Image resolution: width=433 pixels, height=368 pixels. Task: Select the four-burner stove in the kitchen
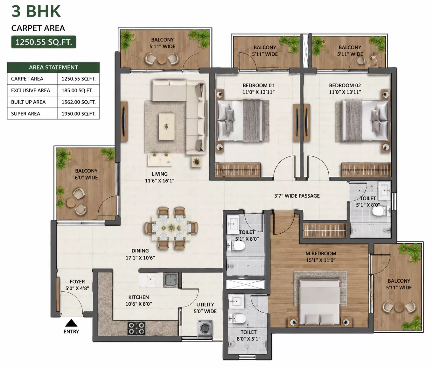[136, 328]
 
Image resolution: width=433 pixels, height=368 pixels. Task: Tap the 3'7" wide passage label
[297, 196]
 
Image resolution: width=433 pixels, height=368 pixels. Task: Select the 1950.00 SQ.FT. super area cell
[79, 114]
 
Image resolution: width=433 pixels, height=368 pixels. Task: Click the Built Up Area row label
[28, 102]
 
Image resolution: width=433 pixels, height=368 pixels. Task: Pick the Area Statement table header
[53, 67]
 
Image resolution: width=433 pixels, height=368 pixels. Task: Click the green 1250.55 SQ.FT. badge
[44, 42]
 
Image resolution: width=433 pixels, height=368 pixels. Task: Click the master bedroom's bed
[320, 302]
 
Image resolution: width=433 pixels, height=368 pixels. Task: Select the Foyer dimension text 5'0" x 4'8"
[77, 288]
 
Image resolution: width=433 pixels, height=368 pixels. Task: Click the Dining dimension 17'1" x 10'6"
[140, 258]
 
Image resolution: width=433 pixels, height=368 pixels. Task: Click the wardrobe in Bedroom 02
[366, 170]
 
